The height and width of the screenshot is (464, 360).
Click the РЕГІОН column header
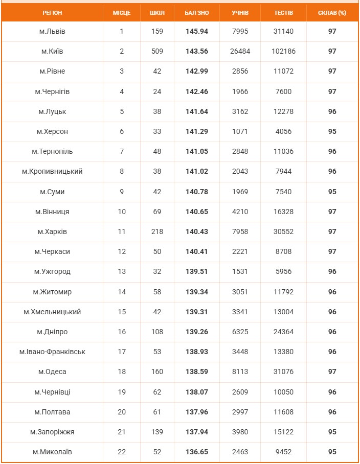click(x=52, y=13)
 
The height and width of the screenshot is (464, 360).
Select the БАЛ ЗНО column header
click(x=197, y=13)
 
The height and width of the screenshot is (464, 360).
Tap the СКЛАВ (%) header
click(x=332, y=13)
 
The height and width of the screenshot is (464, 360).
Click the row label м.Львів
click(x=52, y=32)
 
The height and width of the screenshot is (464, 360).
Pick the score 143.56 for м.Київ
click(x=197, y=52)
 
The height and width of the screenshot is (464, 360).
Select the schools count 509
click(x=157, y=52)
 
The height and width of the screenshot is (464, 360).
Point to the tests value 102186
click(x=283, y=52)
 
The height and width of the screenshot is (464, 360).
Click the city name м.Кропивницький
click(x=52, y=172)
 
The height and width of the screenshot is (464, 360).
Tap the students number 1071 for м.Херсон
click(x=240, y=132)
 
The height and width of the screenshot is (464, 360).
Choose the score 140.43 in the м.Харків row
click(x=197, y=232)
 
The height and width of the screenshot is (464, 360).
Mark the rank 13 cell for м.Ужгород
click(x=122, y=272)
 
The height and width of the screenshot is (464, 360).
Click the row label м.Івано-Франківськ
click(x=52, y=352)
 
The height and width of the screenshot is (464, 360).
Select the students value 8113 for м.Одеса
click(x=240, y=372)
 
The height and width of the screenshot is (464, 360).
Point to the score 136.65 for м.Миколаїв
click(x=197, y=452)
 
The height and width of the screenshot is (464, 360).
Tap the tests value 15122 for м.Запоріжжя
click(x=283, y=432)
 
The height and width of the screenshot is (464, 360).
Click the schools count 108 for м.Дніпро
click(x=157, y=332)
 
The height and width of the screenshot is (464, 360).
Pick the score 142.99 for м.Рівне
click(x=197, y=72)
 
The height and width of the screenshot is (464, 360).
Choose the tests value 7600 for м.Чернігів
click(x=283, y=92)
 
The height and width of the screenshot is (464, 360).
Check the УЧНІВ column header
click(x=240, y=13)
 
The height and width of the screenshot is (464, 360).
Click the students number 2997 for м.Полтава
click(x=240, y=412)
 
